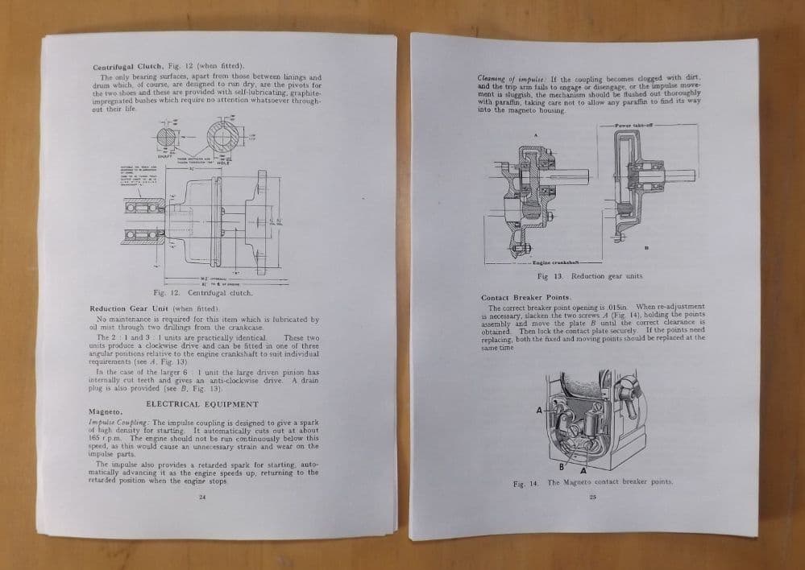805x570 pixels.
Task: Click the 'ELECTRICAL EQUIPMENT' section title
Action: point(202,403)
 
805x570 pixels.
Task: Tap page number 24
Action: point(201,497)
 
